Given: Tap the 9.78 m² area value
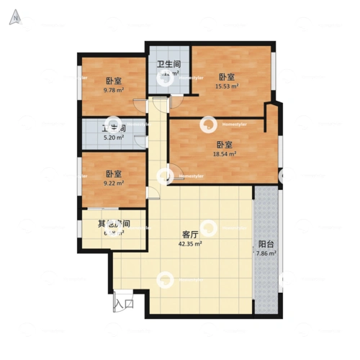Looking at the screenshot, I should [113, 91].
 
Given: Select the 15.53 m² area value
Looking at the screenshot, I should [227, 86].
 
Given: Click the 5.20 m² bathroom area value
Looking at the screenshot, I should [114, 137].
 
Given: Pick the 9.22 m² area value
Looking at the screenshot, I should [113, 184].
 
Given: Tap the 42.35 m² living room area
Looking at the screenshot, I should [190, 244].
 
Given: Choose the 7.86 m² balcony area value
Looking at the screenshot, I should [266, 254].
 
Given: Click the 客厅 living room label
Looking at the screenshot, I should [190, 235].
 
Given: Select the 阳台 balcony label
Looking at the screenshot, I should [266, 244].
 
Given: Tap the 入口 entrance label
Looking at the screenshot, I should [124, 305].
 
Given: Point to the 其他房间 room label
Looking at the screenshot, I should [114, 224].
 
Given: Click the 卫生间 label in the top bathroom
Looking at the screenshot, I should [169, 63].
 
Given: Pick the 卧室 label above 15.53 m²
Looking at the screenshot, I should [227, 77].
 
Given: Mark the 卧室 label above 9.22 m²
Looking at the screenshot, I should [113, 174].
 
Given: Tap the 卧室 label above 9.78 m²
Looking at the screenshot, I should [113, 81].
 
